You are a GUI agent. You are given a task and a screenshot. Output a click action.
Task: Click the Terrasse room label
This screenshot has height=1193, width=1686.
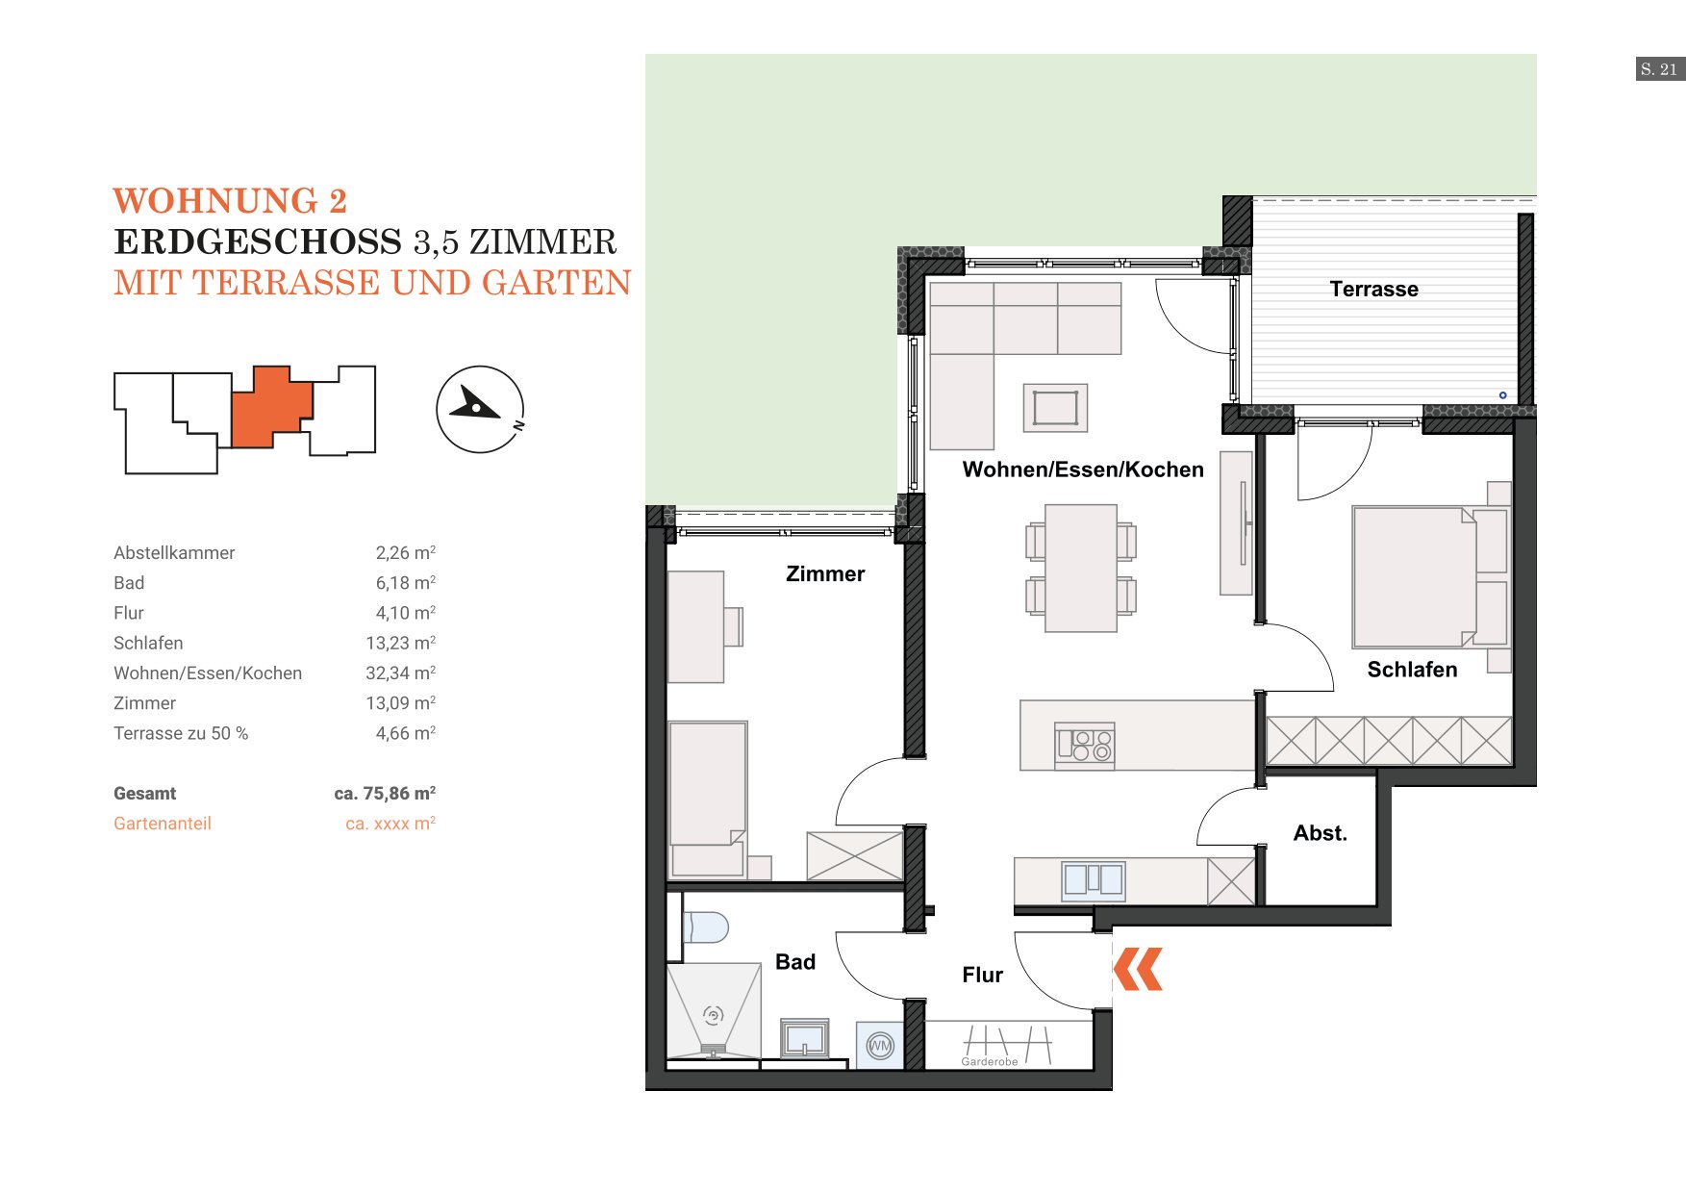[x=1373, y=289]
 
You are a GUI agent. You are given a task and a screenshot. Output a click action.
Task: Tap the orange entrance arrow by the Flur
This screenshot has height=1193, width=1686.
[x=1138, y=969]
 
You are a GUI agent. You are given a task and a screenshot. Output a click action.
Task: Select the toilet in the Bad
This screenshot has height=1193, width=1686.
[x=706, y=927]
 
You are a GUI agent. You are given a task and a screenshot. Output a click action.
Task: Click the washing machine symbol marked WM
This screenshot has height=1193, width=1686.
[x=880, y=1046]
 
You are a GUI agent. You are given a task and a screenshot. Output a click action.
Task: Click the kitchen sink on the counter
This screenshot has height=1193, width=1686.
[x=1093, y=879]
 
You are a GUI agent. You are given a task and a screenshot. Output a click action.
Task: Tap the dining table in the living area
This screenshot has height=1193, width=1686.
[x=1081, y=568]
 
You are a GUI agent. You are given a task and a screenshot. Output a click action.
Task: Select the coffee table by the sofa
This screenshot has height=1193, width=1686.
[x=1055, y=408]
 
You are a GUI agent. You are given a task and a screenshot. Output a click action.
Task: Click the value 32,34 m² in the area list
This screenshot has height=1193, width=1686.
[x=400, y=673]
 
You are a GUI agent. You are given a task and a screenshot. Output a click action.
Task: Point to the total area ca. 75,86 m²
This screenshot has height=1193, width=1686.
[x=385, y=794]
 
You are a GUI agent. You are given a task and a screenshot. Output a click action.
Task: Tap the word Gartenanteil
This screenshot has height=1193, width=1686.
[x=163, y=824]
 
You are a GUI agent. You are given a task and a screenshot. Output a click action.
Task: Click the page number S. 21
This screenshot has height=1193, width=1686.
[x=1659, y=69]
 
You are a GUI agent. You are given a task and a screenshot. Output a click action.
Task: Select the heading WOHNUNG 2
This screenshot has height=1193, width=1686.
[x=230, y=200]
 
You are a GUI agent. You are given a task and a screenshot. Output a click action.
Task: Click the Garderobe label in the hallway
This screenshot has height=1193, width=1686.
[x=990, y=1062]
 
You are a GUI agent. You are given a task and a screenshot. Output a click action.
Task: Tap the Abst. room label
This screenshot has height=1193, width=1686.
[x=1320, y=833]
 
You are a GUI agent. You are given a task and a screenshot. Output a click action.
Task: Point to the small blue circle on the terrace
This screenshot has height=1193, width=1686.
[x=1502, y=395]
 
